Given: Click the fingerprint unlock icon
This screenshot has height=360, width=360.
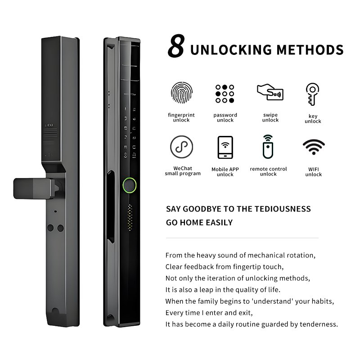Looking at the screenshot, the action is (x=182, y=93).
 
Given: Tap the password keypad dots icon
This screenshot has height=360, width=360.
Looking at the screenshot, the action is (x=225, y=94).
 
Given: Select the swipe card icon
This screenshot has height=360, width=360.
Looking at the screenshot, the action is (x=270, y=92).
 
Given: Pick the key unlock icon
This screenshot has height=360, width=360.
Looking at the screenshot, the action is (x=312, y=94).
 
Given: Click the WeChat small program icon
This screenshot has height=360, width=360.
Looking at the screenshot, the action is (x=182, y=147).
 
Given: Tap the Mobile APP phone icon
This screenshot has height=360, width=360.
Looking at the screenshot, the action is (x=225, y=148).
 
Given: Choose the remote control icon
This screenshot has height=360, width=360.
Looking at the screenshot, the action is (x=268, y=147).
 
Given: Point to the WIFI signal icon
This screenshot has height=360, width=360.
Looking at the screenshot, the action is (x=314, y=147).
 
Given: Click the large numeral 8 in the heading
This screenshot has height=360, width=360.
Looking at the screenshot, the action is (x=176, y=46).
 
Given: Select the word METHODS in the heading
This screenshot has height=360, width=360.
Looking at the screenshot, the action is (x=310, y=50).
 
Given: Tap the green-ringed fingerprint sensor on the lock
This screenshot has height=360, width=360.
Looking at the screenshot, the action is (x=130, y=185).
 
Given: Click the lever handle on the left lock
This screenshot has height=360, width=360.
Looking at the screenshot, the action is (x=35, y=189).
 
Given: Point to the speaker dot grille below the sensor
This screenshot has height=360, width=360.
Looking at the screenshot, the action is (x=130, y=217).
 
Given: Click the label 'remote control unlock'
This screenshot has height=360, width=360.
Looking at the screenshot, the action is (x=268, y=171).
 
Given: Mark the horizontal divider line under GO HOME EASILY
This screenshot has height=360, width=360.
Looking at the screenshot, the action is (x=242, y=238).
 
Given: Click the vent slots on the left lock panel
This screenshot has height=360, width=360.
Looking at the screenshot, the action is (x=51, y=133).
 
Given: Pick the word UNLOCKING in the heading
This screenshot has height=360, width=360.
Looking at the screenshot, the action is (x=231, y=50).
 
